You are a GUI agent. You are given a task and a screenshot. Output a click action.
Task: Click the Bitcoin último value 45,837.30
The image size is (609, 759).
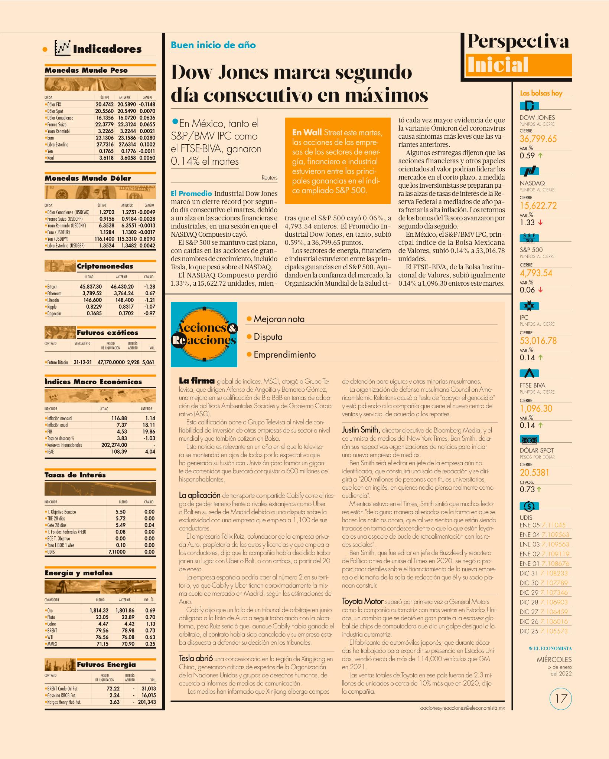pos(91,287)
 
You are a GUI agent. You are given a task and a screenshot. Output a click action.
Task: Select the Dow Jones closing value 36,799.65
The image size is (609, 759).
pos(538,139)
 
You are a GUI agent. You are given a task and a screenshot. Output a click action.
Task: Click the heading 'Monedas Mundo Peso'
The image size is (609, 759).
pos(86,70)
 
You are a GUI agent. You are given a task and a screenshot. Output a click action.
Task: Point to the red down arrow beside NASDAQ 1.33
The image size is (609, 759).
pos(541,223)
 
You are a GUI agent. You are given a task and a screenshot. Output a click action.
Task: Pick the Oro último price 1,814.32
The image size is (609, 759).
pos(99,610)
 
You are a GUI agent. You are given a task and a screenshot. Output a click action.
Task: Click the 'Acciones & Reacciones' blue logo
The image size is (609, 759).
pos(204,335)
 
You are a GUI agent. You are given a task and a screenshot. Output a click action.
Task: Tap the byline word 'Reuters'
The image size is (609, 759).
pos(269,178)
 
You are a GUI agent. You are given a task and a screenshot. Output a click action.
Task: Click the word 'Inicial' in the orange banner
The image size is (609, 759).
pos(498,65)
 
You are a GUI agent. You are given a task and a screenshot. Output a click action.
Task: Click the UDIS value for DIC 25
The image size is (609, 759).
pos(554,631)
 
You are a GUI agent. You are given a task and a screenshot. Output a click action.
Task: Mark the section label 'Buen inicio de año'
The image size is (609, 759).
pos(213,45)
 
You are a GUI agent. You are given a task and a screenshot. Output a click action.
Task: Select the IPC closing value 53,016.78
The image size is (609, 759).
pos(538,341)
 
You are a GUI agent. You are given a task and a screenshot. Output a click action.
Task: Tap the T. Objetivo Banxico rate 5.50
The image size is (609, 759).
pos(121,512)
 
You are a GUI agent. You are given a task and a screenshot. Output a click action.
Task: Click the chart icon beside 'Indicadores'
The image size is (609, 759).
pos(62,48)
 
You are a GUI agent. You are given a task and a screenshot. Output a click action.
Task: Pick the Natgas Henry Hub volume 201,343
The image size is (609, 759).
pos(147,702)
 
